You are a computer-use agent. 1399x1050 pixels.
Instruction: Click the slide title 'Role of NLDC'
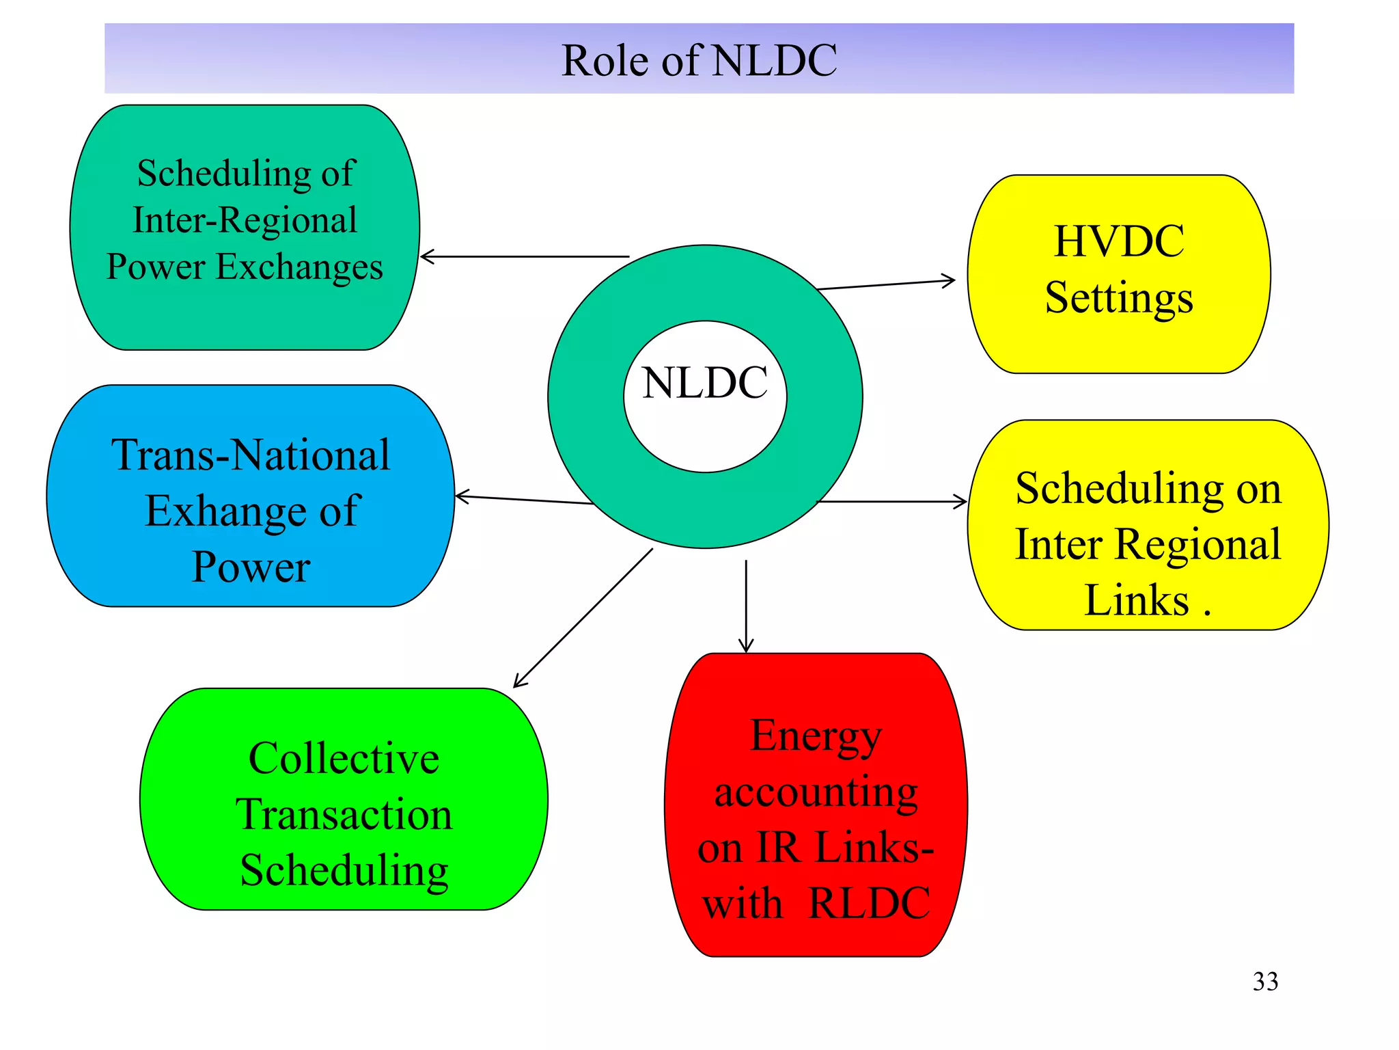click(699, 60)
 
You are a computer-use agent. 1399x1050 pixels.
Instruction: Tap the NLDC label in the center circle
click(704, 383)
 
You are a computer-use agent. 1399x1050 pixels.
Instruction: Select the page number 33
click(1265, 982)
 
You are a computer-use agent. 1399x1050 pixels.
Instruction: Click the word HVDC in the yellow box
click(1119, 241)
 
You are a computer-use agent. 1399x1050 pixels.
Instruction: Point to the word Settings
click(1119, 298)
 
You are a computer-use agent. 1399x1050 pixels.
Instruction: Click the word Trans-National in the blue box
click(251, 455)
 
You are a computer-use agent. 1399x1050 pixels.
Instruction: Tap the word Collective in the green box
click(344, 758)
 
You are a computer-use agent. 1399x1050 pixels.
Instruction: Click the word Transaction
click(344, 814)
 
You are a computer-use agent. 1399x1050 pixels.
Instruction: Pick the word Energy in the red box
click(816, 737)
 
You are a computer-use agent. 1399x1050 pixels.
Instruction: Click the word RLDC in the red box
click(869, 903)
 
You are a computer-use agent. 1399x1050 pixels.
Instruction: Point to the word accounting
click(816, 793)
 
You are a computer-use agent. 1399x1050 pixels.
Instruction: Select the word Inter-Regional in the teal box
click(245, 220)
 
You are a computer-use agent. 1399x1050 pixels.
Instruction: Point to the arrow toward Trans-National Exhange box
click(523, 500)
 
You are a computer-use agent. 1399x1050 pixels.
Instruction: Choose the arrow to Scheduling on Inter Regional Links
click(892, 502)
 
